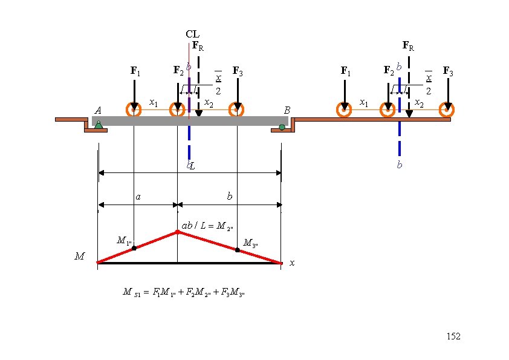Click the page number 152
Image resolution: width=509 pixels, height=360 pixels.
point(453,336)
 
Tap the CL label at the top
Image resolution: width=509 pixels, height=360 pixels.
point(192,34)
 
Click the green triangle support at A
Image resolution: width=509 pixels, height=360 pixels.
point(99,125)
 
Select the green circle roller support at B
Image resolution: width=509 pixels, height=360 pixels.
point(282,126)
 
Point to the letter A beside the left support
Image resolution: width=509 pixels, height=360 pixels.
point(98,110)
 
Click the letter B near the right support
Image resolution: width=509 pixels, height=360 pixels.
point(288,110)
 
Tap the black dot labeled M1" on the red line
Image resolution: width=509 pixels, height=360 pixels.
point(134,247)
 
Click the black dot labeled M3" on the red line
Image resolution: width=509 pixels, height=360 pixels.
point(237,249)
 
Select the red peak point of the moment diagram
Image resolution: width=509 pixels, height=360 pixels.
point(177,232)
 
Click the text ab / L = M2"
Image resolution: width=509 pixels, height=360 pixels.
point(207,226)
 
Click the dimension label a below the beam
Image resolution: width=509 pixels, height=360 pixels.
point(138,197)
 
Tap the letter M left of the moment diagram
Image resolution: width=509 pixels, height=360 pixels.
point(79,257)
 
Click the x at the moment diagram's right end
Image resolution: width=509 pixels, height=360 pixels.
point(292,263)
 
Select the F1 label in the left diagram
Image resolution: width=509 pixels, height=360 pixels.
point(136,71)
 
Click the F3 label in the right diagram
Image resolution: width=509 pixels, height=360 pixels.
point(449,71)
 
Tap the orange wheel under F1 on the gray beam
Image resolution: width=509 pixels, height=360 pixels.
point(134,110)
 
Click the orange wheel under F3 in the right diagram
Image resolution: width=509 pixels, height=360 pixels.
point(447,110)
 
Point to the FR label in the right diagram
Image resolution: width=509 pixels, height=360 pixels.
point(409,45)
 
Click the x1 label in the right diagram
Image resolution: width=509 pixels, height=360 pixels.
point(363,103)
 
